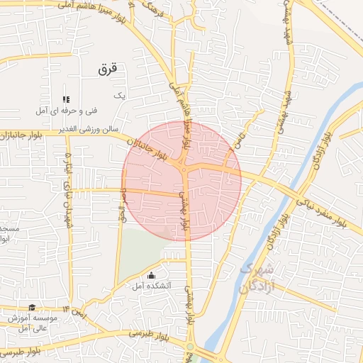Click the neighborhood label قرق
pos(107,69)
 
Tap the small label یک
pos(119,95)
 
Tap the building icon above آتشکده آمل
pos(150,275)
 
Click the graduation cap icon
pos(32,307)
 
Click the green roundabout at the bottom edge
pos(190,347)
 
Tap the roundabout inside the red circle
pos(184,169)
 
